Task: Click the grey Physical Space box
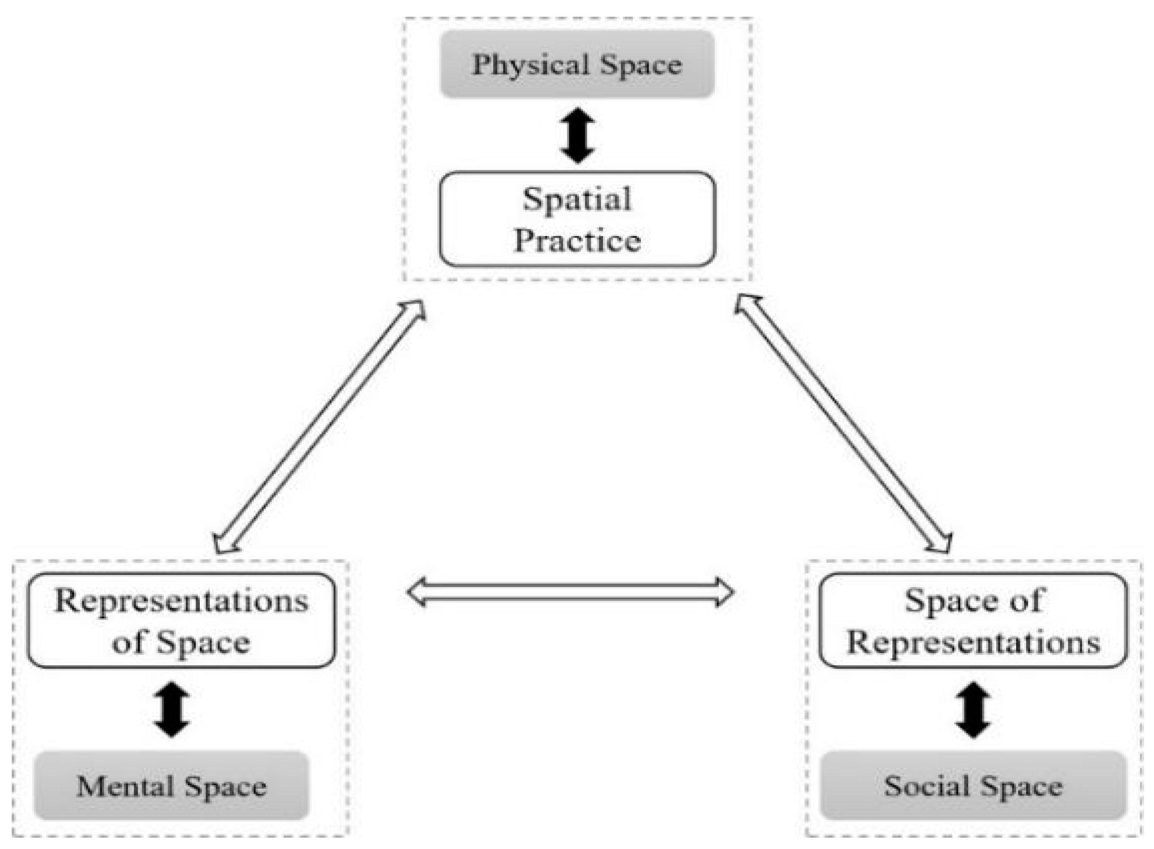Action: pos(577,64)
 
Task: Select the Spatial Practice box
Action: pos(577,219)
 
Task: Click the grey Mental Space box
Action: pos(171,786)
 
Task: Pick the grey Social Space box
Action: pos(973,786)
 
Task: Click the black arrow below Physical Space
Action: pos(577,135)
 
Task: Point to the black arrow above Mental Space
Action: pos(171,710)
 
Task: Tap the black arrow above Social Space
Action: pos(973,710)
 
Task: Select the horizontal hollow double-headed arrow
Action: pos(570,592)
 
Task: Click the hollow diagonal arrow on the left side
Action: pos(320,427)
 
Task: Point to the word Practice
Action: pos(577,241)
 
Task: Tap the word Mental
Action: pos(125,786)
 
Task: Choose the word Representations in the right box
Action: pos(973,642)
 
